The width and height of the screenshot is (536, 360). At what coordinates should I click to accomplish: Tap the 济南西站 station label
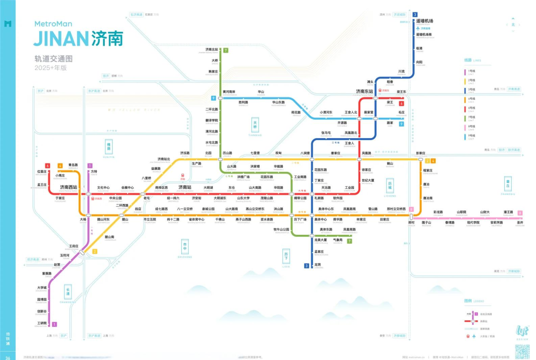point(68,187)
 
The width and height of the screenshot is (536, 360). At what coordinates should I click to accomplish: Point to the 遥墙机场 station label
point(424,21)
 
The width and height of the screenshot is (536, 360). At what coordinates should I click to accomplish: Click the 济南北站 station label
point(212,49)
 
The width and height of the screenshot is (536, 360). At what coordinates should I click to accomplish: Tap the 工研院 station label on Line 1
point(42,323)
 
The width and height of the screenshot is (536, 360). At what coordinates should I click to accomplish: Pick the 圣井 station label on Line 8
point(520,222)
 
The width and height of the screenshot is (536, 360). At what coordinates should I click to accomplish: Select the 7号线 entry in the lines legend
point(469,118)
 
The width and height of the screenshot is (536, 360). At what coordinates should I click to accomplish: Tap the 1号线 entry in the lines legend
point(469,72)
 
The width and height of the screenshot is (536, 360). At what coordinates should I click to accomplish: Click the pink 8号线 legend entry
point(469,127)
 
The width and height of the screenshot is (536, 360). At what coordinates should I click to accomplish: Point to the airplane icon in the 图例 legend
point(468,336)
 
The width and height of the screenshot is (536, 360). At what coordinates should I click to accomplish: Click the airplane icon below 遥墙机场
point(418,28)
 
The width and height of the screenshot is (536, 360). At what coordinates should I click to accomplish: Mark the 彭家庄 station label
point(420,153)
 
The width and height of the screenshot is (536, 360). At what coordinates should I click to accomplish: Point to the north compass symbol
point(513,24)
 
